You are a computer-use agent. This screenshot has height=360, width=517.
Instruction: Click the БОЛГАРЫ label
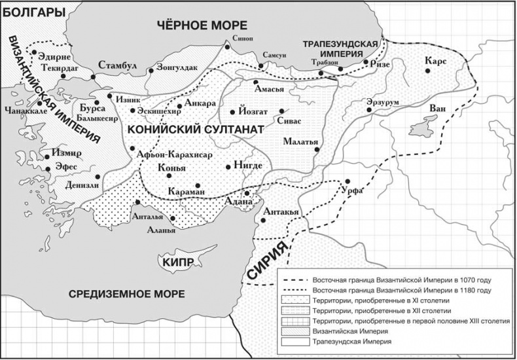pyautogui.click(x=33, y=11)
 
